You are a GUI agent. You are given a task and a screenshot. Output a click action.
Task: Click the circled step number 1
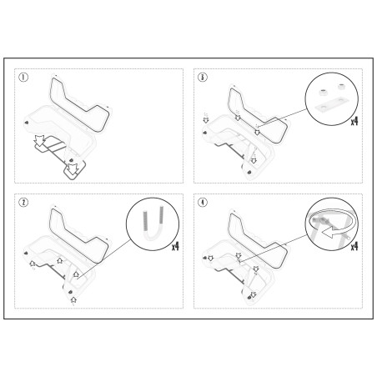[x=23, y=77]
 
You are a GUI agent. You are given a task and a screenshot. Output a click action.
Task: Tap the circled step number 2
[x=23, y=203]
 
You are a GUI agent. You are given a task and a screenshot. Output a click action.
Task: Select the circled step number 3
[x=203, y=77]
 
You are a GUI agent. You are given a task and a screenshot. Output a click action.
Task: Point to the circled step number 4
[x=203, y=203]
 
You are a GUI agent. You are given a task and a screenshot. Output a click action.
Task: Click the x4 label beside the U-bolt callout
[x=175, y=246]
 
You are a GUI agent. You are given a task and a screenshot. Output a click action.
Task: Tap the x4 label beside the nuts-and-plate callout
[x=354, y=122]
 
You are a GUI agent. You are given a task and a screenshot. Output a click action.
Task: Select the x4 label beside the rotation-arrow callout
[x=354, y=246]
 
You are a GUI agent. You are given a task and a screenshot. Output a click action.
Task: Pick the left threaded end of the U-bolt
[x=145, y=221]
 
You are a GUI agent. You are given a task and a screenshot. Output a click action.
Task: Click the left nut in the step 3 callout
[x=323, y=93]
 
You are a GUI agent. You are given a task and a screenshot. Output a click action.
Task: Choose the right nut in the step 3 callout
[x=342, y=86]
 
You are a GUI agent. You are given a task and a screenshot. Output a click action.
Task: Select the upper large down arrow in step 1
[x=40, y=141]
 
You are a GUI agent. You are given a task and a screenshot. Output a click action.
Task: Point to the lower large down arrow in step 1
[x=73, y=169]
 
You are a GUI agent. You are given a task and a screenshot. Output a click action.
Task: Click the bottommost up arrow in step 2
[x=73, y=299]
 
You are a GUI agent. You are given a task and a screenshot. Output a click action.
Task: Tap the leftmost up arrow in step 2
[x=33, y=264]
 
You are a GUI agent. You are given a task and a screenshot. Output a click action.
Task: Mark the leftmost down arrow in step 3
[x=206, y=120]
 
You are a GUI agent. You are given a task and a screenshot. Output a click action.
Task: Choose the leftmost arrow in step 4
[x=210, y=258]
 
